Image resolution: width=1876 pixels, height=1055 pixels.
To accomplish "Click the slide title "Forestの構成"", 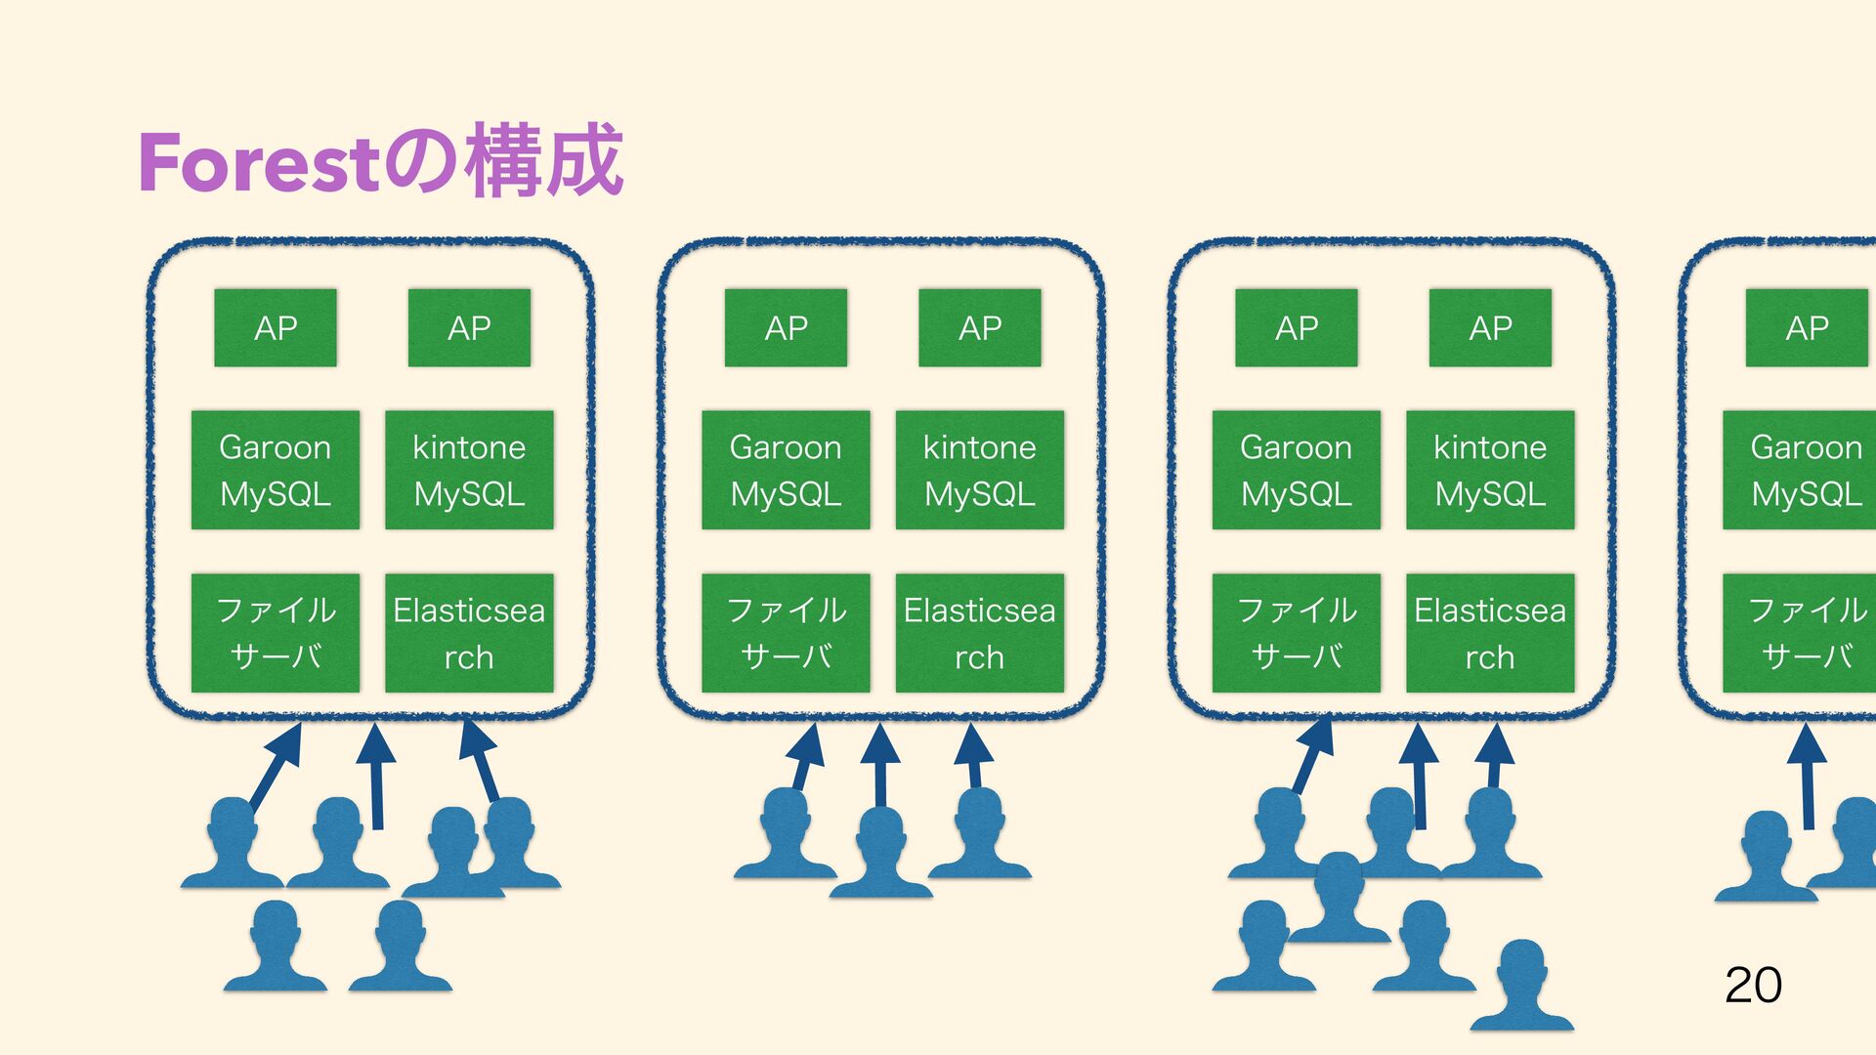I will pos(380,161).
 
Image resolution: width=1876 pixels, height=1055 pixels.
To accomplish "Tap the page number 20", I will pos(1753,985).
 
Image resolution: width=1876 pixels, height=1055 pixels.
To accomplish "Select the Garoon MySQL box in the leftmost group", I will pos(276,470).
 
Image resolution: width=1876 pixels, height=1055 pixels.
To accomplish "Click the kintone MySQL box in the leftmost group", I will pos(469,470).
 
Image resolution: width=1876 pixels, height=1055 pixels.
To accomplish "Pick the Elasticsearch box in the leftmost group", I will pos(469,633).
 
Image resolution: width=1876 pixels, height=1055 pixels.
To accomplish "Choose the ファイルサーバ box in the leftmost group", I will pos(276,633).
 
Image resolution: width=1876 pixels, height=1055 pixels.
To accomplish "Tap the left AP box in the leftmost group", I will pos(276,328).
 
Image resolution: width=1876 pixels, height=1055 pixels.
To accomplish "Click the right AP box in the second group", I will pos(979,328).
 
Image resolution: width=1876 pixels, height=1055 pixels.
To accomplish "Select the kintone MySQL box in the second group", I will pos(979,470).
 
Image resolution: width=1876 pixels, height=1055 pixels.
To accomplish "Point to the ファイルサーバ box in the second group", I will pos(786,633).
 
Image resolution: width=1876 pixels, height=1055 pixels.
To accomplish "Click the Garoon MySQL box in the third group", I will pos(1296,470).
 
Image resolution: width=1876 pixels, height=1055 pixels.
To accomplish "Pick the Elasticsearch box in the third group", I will pos(1490,633).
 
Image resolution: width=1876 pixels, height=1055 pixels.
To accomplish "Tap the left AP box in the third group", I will pos(1296,328).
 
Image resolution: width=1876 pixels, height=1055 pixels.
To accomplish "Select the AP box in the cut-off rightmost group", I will pos(1807,328).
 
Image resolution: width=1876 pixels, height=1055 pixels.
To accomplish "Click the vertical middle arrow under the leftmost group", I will pos(376,777).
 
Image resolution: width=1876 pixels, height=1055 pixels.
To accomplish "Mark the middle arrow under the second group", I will pos(880,767).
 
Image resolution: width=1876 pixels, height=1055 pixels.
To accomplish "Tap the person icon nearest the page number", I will pos(1521,987).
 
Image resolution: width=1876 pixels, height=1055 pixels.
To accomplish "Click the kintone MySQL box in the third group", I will pos(1490,470).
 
